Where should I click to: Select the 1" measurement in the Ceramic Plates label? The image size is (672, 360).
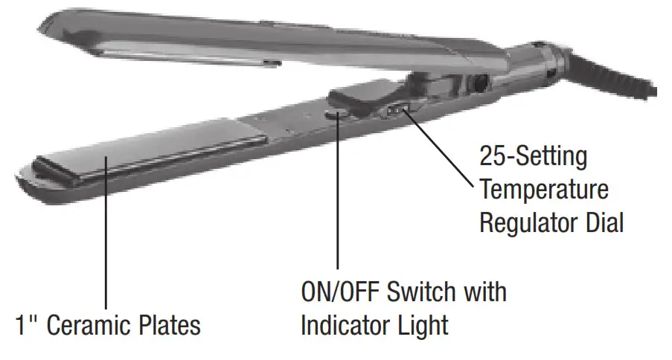pyautogui.click(x=28, y=325)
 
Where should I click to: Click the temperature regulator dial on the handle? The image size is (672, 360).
pyautogui.click(x=394, y=110)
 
